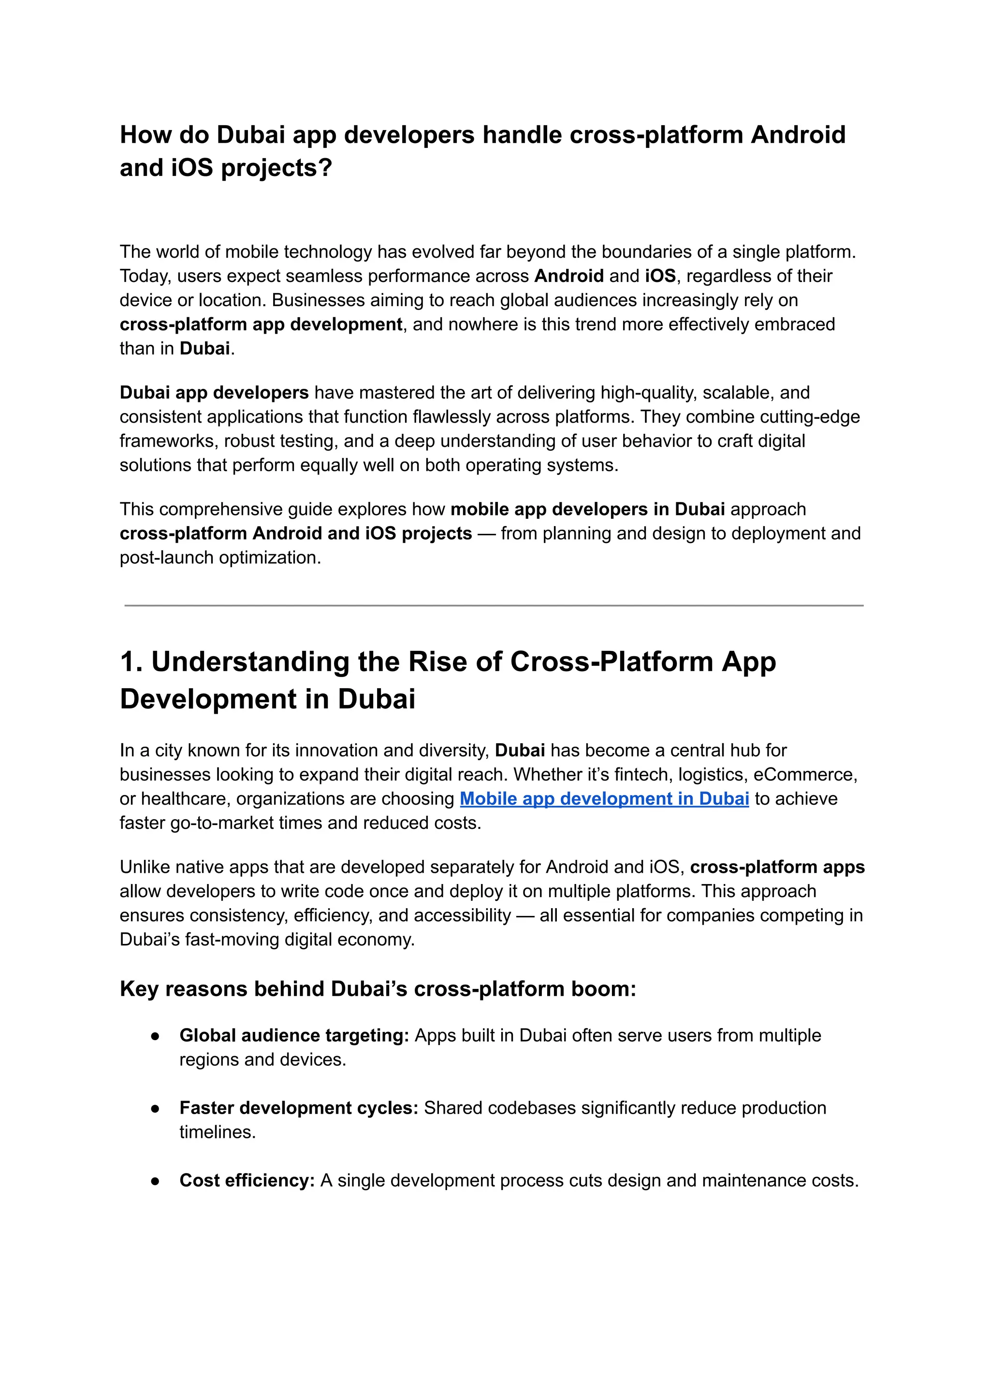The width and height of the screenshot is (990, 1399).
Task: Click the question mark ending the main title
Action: [325, 168]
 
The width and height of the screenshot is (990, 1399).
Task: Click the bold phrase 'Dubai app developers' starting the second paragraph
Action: [214, 392]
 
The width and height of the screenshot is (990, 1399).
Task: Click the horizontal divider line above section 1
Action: [494, 605]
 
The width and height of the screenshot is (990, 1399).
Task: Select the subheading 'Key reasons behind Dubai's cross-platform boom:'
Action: [378, 988]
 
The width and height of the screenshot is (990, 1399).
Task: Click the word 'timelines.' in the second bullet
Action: [217, 1133]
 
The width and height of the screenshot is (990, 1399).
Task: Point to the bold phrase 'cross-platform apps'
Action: [777, 867]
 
